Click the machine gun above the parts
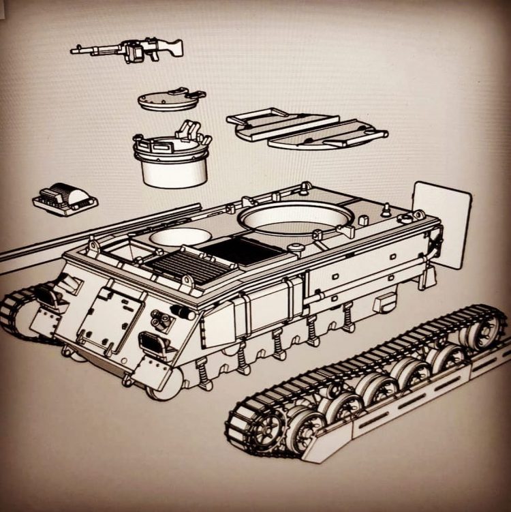129,49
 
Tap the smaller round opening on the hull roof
181,237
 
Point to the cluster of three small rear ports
162,318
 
